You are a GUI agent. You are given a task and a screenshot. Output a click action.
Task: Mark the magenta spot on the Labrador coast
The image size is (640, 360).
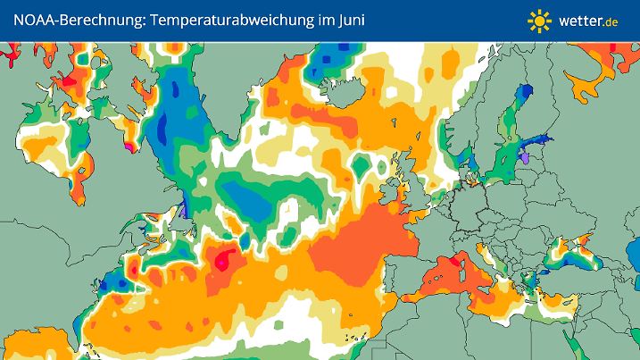click(x=130, y=146)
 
